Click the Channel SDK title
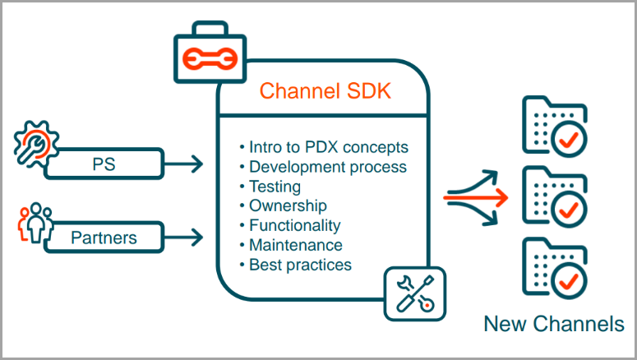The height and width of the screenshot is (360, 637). (325, 91)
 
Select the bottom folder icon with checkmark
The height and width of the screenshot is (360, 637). (554, 267)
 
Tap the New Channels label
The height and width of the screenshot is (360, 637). (553, 324)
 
